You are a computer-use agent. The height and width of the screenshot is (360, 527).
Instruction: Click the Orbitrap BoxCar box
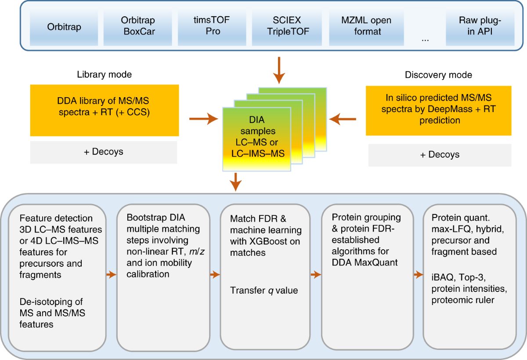(x=138, y=26)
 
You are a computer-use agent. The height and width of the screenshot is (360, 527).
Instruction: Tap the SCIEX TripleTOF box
(x=286, y=26)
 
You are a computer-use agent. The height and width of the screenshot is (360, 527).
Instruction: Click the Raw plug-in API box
(x=480, y=26)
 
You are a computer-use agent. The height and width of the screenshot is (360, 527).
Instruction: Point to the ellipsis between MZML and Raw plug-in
(x=425, y=38)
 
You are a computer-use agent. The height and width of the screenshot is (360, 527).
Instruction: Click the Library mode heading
(x=104, y=75)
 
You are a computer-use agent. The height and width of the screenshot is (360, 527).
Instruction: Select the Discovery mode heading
(x=438, y=75)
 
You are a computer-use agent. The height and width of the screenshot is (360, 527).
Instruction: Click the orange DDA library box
(x=105, y=110)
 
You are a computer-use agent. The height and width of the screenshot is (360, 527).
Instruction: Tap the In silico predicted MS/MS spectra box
(x=438, y=110)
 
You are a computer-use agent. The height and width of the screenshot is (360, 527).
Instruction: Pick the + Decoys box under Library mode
(x=104, y=152)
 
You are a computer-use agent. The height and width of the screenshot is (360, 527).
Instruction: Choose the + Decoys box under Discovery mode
(x=440, y=155)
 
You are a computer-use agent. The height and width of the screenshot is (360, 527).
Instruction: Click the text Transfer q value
(x=264, y=291)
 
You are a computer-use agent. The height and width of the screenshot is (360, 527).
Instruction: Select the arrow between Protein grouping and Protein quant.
(x=416, y=275)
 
